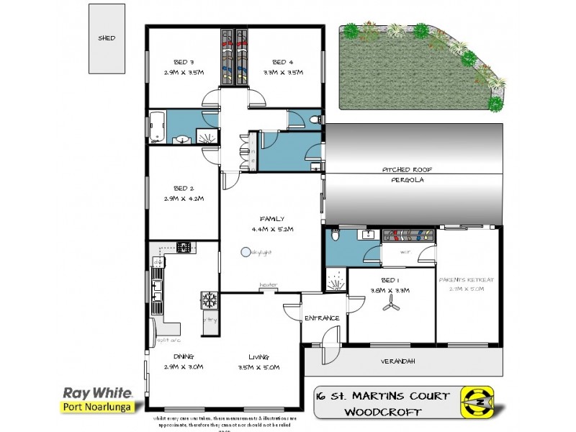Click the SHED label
pos(106,39)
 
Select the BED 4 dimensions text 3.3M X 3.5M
pos(283,73)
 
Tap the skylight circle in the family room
pos(246,252)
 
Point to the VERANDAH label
pos(397,361)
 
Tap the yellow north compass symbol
pos(477,403)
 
